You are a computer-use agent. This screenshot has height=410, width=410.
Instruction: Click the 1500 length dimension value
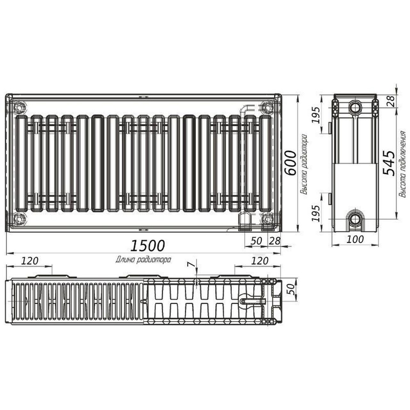pyautogui.click(x=148, y=245)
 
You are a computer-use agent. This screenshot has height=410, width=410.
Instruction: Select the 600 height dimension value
pyautogui.click(x=290, y=163)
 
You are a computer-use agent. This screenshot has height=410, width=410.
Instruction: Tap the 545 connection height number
pyautogui.click(x=389, y=163)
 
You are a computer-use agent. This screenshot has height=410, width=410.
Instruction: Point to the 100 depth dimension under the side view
pyautogui.click(x=355, y=239)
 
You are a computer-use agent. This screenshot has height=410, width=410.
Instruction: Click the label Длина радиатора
pyautogui.click(x=143, y=259)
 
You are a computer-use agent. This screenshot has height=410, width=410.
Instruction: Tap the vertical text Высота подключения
pyautogui.click(x=403, y=164)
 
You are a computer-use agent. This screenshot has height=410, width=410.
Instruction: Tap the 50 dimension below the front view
pyautogui.click(x=256, y=241)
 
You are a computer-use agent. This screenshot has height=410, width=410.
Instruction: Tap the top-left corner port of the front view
pyautogui.click(x=19, y=107)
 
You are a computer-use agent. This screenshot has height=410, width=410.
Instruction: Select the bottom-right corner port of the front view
pyautogui.click(x=267, y=219)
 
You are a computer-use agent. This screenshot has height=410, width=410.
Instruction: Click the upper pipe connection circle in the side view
pyautogui.click(x=355, y=107)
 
